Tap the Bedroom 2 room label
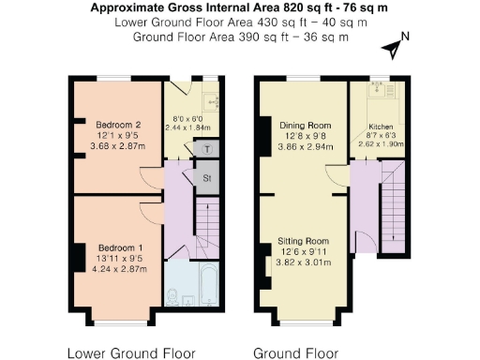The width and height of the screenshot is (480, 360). click(118, 125)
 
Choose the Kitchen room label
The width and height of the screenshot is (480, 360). click(381, 126)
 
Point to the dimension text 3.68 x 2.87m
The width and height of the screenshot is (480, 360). click(118, 146)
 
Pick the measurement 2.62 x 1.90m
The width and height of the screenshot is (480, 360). click(381, 145)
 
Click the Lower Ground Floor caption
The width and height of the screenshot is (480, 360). click(132, 353)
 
